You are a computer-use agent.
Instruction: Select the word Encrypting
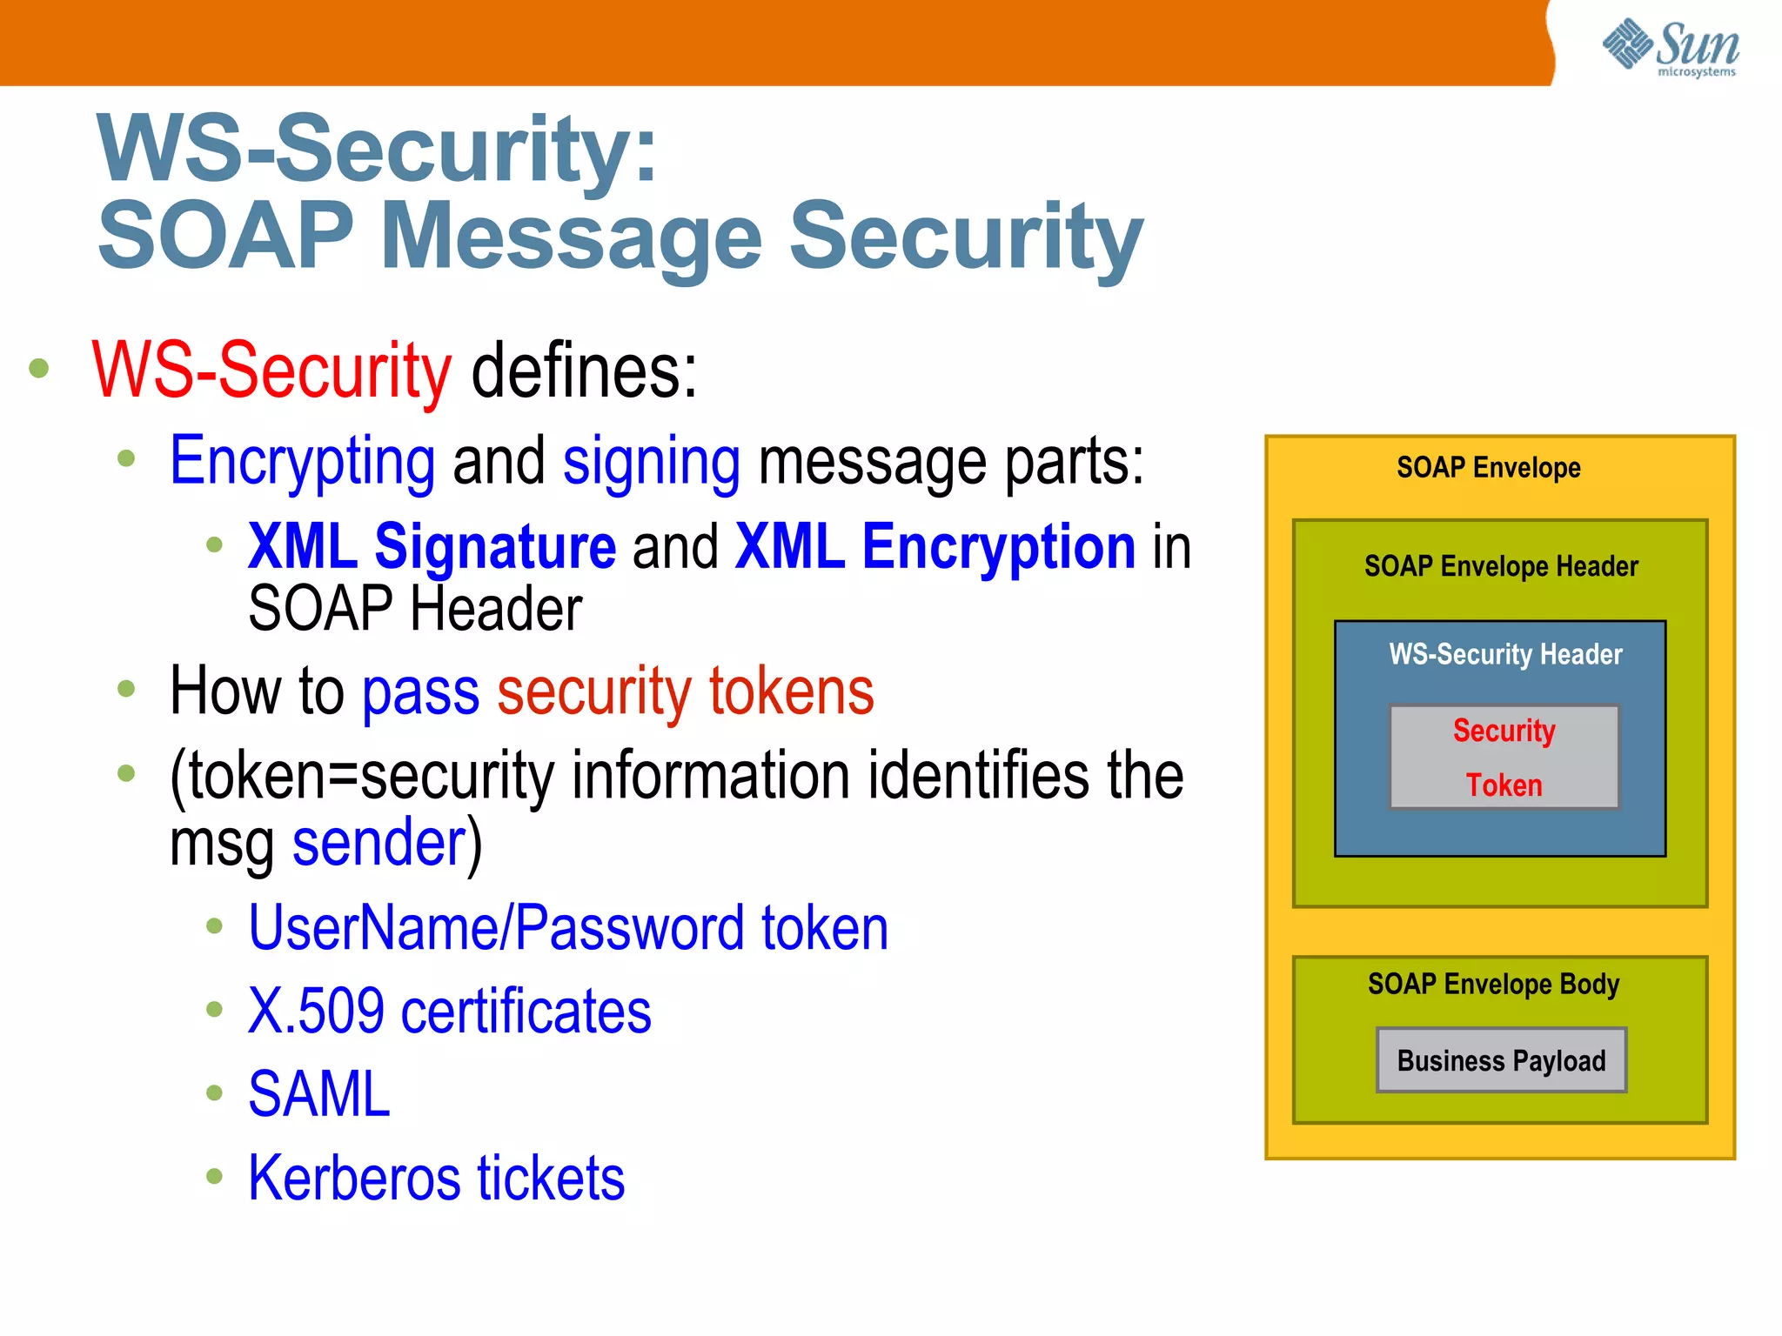point(302,461)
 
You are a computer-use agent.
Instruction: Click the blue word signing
point(652,461)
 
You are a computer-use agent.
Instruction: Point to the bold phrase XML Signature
point(432,547)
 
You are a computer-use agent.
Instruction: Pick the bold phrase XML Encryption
point(935,547)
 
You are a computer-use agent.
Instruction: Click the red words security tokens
point(685,691)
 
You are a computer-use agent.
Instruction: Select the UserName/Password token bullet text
point(568,928)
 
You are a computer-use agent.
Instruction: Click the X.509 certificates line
point(449,1012)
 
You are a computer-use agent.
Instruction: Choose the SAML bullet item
point(319,1094)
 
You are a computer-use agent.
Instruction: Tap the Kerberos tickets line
point(436,1178)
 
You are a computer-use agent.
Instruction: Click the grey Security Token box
point(1504,757)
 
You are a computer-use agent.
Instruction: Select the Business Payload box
point(1501,1060)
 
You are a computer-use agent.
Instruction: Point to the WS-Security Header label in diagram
point(1505,654)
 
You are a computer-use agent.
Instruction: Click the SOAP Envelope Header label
point(1501,566)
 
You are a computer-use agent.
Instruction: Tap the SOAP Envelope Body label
point(1493,984)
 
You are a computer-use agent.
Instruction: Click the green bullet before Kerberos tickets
point(214,1177)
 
